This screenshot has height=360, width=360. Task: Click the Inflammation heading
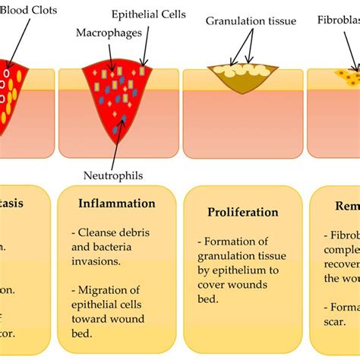(x=116, y=204)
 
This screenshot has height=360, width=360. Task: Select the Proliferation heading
(x=242, y=212)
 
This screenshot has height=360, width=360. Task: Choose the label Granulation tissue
(x=250, y=21)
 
